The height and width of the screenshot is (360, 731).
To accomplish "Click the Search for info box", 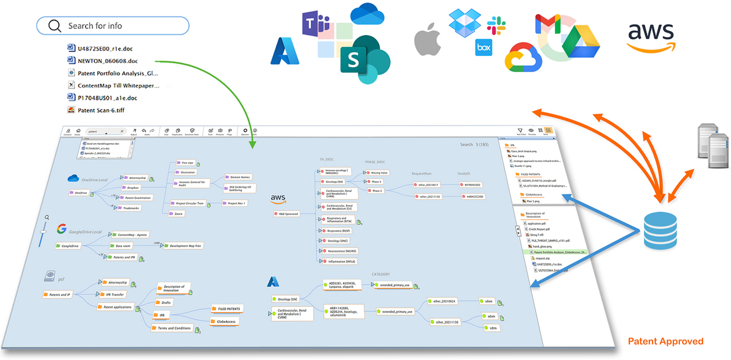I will coord(113,26).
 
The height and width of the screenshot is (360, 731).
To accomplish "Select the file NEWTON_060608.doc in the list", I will coord(108,61).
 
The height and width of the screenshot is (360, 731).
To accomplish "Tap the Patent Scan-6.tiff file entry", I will coord(101,110).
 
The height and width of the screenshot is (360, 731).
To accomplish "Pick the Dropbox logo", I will coord(464,23).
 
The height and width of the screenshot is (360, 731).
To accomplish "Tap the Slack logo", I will coord(496,26).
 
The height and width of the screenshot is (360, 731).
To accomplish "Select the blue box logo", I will coord(484,47).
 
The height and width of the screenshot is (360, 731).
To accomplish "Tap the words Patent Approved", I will coord(666,342).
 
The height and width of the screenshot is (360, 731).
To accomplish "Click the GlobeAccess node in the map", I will coord(225,321).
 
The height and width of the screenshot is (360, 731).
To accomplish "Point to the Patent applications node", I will coord(116,307).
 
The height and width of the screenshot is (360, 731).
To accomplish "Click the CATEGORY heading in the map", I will coord(380,274).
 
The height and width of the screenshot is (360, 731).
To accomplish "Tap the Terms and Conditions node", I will coord(174,328).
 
